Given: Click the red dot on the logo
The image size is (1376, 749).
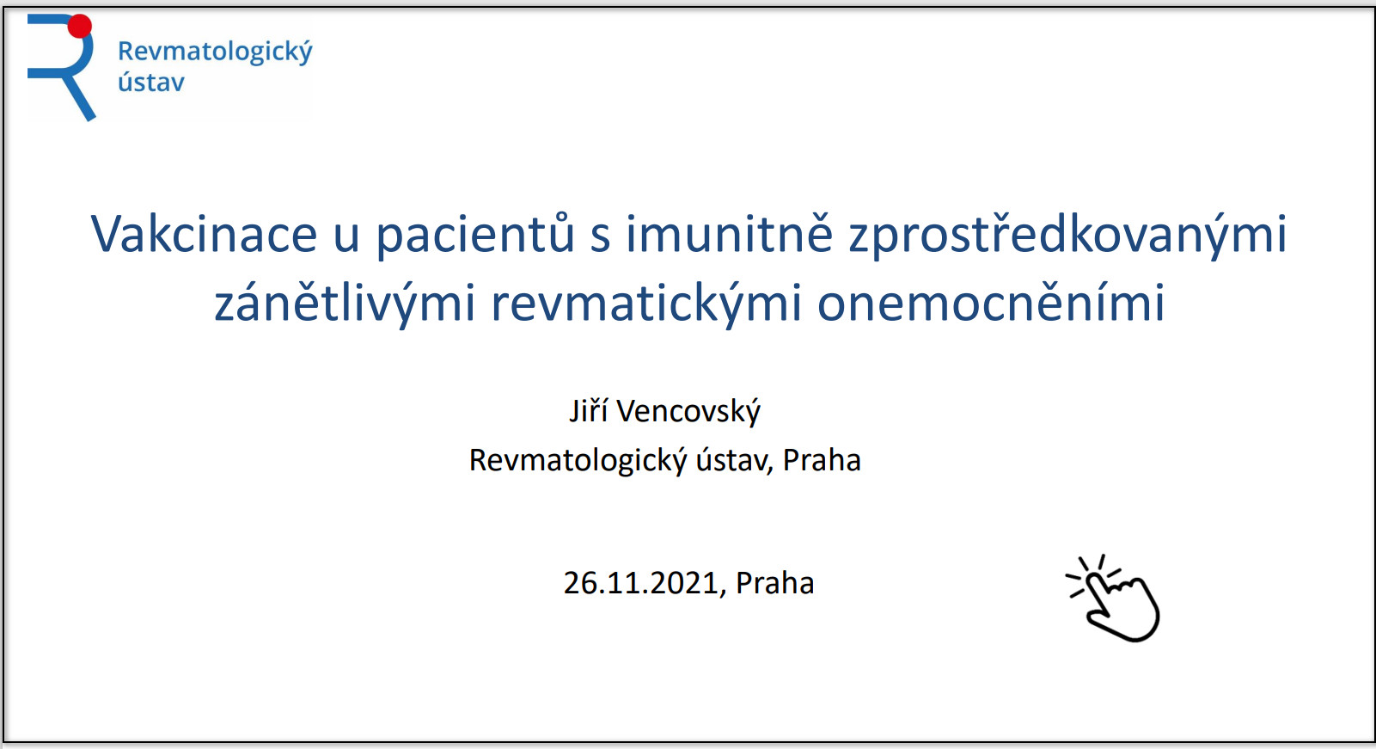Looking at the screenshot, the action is click(x=80, y=27).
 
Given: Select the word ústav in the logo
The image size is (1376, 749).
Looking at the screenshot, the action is click(x=151, y=81).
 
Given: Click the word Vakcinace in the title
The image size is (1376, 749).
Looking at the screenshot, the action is click(x=204, y=234).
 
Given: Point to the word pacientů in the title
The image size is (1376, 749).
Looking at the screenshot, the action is click(x=474, y=235).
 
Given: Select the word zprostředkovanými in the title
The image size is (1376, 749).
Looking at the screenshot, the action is click(x=1067, y=235).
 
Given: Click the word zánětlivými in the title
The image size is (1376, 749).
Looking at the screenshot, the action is click(x=345, y=304).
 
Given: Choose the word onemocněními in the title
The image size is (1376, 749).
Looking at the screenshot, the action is click(x=991, y=303).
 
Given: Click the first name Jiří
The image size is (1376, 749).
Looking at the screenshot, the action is click(x=589, y=410).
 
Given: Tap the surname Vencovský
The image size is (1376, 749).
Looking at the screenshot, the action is click(x=688, y=411).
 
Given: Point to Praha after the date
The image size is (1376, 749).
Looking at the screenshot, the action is click(x=774, y=582).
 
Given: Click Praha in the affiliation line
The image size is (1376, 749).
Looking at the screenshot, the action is click(x=822, y=459).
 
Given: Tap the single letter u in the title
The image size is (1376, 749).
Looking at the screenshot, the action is click(x=346, y=238).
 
